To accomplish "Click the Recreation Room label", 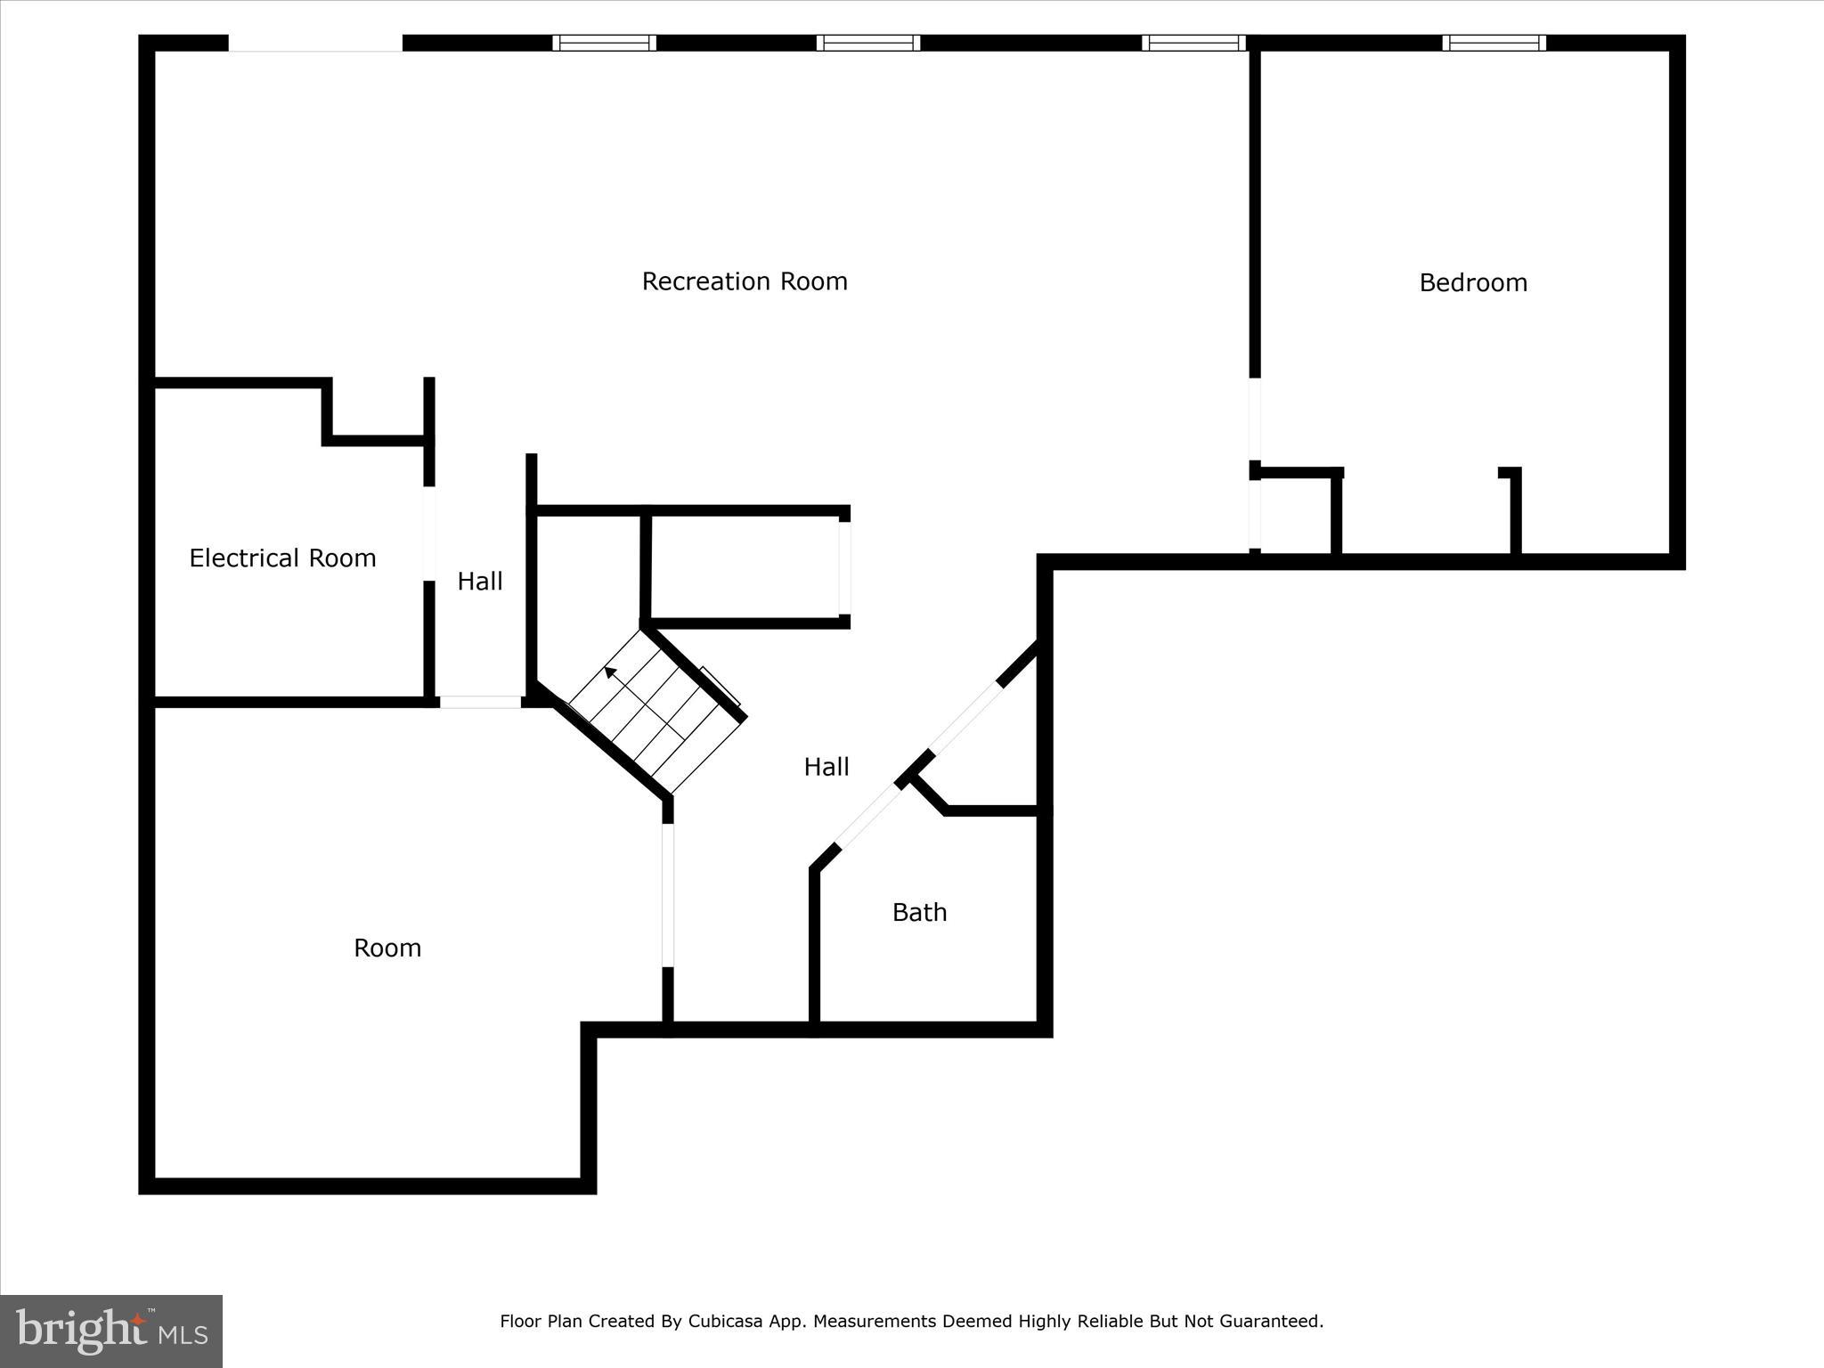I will [x=745, y=281].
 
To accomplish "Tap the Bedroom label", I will [x=1473, y=283].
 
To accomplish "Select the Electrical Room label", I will [x=282, y=558].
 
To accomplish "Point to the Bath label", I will [x=919, y=912].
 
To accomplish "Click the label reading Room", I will [x=387, y=948].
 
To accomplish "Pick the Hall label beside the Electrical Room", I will [x=480, y=582].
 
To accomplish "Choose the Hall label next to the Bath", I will [x=826, y=767].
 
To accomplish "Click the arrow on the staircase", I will [x=611, y=672].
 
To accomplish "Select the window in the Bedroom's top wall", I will [x=1494, y=43].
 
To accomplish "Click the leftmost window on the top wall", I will [x=604, y=43].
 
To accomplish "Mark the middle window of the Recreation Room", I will [x=868, y=43].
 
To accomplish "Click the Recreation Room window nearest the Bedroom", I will [x=1193, y=43].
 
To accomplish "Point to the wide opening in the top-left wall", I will [x=315, y=43].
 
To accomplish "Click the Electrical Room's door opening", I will [x=429, y=533].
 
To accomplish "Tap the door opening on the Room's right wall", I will [x=668, y=895].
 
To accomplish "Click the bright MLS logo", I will [x=111, y=1331].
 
